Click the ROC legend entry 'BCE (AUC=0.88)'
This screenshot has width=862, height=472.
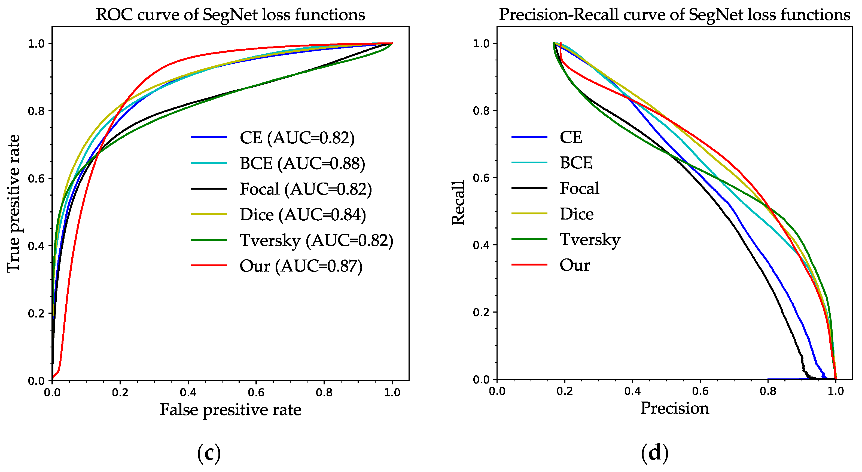[302, 163]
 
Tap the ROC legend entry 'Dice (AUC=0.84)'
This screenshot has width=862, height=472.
[303, 215]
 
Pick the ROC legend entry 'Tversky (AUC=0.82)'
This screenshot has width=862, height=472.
[316, 240]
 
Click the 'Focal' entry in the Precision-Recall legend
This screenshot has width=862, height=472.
[579, 189]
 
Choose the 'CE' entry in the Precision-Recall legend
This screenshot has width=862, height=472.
[571, 137]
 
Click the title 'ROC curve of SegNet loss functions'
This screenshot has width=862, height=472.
[230, 15]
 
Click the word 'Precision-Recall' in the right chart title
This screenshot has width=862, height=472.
[559, 15]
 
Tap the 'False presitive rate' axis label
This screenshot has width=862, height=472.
[230, 410]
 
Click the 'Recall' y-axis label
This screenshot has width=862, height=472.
[458, 203]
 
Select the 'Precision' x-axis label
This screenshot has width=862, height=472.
[675, 409]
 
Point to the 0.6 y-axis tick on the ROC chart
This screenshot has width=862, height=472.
[36, 178]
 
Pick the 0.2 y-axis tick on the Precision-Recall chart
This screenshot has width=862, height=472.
[481, 312]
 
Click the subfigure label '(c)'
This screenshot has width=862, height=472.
[209, 453]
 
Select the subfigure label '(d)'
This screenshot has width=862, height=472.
[654, 453]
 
